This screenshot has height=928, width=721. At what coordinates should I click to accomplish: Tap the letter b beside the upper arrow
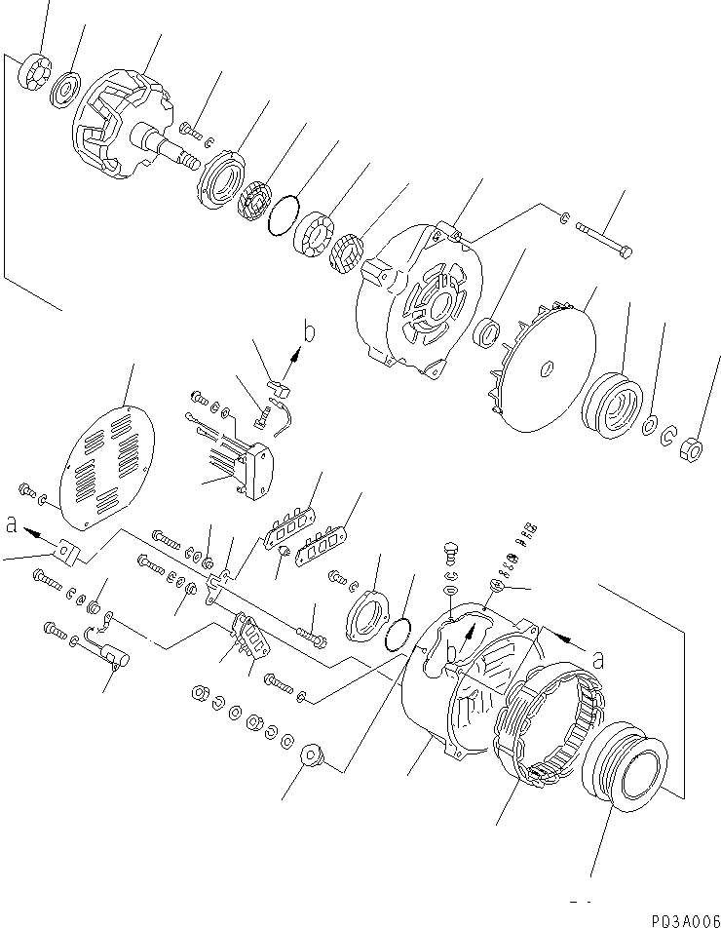309,332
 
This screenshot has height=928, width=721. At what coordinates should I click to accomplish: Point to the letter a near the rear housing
598,660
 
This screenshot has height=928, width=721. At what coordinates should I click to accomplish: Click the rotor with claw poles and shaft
122,129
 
